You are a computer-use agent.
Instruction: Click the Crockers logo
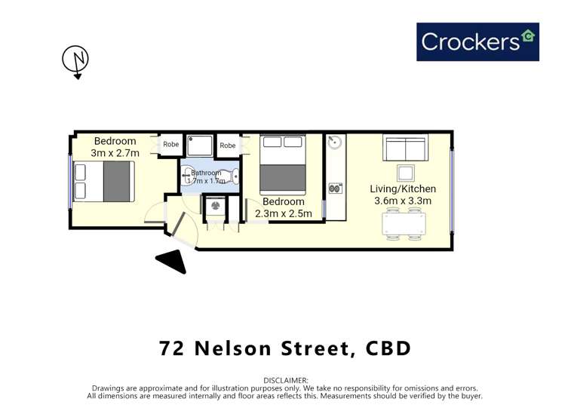point(477,41)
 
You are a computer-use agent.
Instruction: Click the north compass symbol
point(75,60)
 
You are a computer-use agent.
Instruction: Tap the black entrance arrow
point(172,261)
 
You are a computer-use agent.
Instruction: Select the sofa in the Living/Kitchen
point(405,147)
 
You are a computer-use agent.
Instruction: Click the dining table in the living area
point(404,224)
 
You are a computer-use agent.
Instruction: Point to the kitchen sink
point(335,143)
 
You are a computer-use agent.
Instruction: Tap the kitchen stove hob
point(335,188)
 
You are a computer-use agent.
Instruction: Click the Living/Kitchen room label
point(403,189)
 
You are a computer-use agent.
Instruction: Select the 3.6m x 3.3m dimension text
point(403,201)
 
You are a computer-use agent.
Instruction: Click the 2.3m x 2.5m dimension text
point(284,213)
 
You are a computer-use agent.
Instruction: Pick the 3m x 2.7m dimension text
point(115,153)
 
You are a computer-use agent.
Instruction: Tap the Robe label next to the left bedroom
point(171,144)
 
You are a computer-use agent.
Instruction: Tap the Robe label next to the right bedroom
point(228,145)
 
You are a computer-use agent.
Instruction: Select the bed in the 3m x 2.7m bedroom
point(104,181)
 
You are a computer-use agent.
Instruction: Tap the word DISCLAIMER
point(286,380)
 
